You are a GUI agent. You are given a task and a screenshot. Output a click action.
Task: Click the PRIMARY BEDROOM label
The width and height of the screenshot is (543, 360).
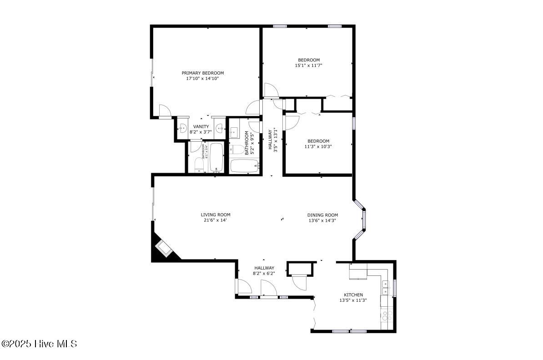click(x=203, y=73)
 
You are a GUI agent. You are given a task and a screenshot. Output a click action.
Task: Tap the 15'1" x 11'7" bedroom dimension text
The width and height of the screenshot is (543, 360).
click(x=309, y=65)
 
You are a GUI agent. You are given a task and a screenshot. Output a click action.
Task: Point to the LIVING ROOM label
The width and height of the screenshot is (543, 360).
click(x=216, y=215)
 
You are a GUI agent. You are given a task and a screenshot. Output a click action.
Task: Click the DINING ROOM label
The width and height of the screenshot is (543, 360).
click(x=322, y=215)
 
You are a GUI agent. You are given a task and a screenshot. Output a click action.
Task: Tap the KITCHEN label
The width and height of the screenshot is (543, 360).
click(x=353, y=295)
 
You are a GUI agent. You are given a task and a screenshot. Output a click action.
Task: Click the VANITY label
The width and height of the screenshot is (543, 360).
click(x=201, y=126)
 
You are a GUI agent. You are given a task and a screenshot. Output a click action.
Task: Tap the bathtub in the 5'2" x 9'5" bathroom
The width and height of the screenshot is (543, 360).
click(x=245, y=166)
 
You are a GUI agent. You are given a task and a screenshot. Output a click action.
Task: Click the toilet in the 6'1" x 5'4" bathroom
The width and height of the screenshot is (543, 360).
click(x=199, y=165)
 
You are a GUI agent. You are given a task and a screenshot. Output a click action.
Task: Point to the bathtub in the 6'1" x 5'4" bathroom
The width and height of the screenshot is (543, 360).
click(x=216, y=157)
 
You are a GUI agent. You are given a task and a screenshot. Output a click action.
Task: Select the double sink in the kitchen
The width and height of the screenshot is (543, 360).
click(x=386, y=289)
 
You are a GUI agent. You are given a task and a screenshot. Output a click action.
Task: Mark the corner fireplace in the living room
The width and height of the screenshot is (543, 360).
click(x=163, y=249)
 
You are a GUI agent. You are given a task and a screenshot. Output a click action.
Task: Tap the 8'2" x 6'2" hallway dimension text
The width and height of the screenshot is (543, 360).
click(x=264, y=274)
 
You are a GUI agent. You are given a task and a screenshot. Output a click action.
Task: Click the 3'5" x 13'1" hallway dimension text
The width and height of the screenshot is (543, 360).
click(x=275, y=141)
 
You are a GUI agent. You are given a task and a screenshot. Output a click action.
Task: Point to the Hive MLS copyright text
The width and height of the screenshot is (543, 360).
click(x=39, y=344)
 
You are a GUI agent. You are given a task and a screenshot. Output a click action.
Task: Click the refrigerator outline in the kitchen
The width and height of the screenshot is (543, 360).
click(x=358, y=271)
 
